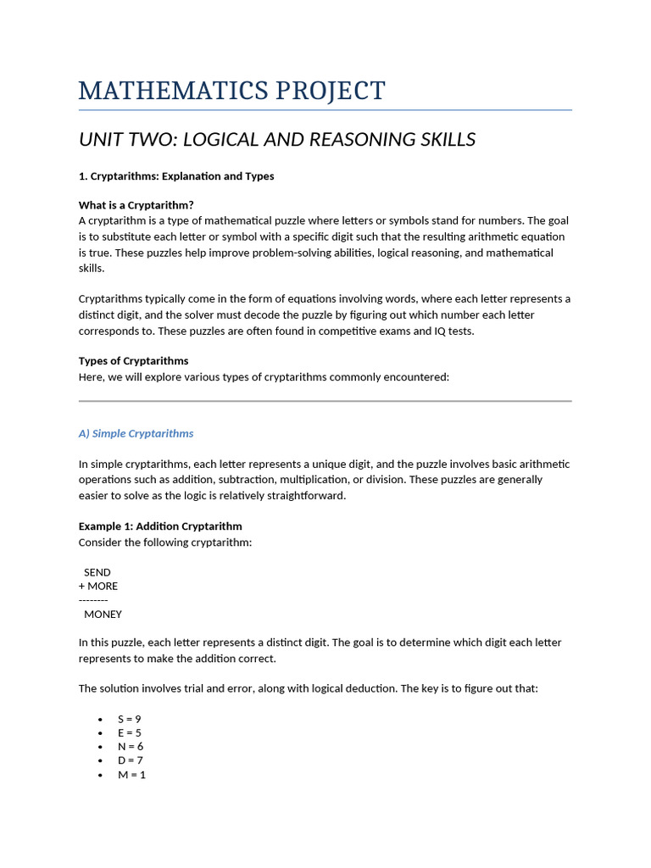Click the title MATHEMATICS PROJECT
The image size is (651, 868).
click(x=231, y=90)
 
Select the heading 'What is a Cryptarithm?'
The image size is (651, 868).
click(x=136, y=205)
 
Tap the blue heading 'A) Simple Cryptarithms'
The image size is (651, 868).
click(x=136, y=433)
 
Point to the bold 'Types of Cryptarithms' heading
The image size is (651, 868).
click(x=133, y=361)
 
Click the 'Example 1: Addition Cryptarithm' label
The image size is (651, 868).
click(x=160, y=526)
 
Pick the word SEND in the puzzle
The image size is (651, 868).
click(x=97, y=572)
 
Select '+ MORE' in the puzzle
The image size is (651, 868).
click(x=98, y=586)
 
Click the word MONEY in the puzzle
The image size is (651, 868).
click(x=103, y=614)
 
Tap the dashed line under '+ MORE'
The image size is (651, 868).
click(x=93, y=599)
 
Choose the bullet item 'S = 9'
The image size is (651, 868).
click(x=130, y=719)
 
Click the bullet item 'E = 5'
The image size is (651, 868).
click(x=130, y=732)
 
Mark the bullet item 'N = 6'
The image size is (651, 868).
click(x=131, y=746)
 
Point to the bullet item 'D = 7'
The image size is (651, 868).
click(x=131, y=760)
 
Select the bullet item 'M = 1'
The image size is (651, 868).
click(x=131, y=774)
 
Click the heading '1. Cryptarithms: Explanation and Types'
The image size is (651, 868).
click(x=176, y=176)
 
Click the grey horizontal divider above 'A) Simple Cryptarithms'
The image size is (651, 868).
click(x=325, y=401)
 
